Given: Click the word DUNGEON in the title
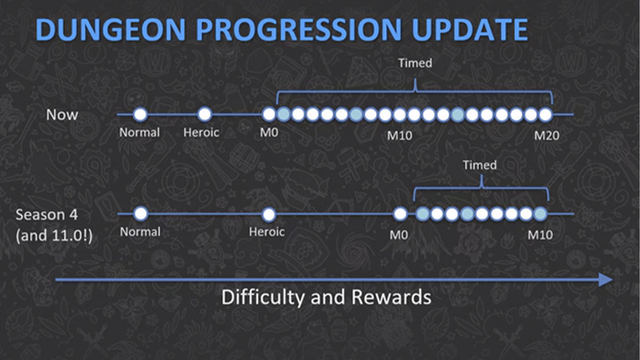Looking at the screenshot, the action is click(x=110, y=29).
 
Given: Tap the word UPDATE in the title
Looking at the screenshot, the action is click(x=470, y=29).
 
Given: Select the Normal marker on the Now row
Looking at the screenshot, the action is click(x=140, y=114).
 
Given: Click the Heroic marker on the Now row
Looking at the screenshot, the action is click(x=205, y=114).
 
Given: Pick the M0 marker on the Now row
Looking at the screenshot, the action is click(x=269, y=114).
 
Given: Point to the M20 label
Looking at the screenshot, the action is click(x=547, y=135).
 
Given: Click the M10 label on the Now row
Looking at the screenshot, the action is click(x=399, y=135).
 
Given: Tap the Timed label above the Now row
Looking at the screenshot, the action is click(x=415, y=63).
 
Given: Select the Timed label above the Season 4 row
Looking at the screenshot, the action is click(x=479, y=165).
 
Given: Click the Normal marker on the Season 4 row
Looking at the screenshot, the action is click(x=141, y=214).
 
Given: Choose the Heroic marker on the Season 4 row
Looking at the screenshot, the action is click(x=269, y=214).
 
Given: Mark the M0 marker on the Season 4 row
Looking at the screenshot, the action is click(x=400, y=214).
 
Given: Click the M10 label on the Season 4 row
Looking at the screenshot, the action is click(x=540, y=235).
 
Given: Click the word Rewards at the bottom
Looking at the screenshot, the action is click(x=391, y=297).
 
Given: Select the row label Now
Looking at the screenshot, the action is click(x=62, y=115).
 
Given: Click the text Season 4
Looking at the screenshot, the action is click(x=46, y=214).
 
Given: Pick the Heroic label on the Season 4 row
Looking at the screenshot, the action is click(x=267, y=231).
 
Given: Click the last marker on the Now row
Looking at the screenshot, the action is click(x=546, y=114).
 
